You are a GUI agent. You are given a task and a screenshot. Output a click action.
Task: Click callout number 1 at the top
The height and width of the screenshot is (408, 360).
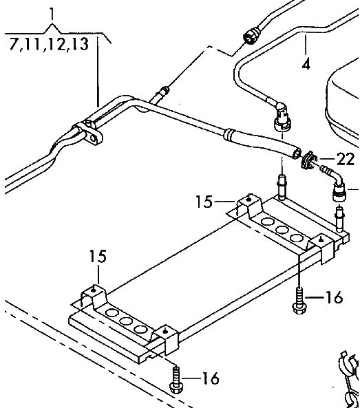[52, 14]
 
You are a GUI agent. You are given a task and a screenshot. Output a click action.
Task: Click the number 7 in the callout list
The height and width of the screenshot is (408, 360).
[14, 44]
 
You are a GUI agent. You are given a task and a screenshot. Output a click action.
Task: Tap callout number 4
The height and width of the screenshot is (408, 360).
[306, 64]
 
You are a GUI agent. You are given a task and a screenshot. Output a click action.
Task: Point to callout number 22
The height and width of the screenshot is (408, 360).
[345, 159]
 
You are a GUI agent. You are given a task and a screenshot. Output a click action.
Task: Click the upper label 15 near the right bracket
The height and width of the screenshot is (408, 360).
[204, 202]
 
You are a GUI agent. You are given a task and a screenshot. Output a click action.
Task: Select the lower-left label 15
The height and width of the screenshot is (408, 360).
[98, 256]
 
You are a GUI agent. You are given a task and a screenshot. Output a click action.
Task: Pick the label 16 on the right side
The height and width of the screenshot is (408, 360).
[334, 297]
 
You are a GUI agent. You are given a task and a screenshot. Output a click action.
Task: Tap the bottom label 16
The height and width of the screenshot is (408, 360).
[211, 378]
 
